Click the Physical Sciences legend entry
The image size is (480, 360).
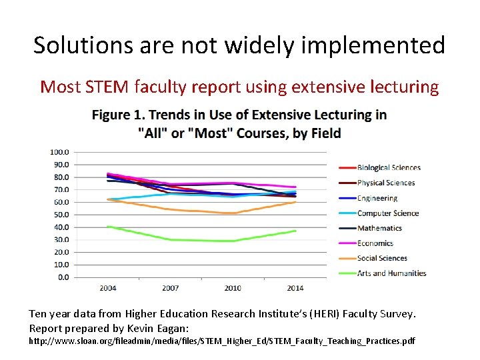(x=385, y=183)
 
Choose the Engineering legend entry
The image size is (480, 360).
(x=377, y=198)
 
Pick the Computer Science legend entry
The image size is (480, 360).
(x=387, y=213)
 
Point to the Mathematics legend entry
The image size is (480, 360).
(x=379, y=228)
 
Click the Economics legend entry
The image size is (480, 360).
(x=375, y=243)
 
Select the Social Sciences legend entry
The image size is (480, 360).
(x=381, y=258)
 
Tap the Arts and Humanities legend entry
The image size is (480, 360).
(x=391, y=273)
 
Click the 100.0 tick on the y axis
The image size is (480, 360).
(x=59, y=152)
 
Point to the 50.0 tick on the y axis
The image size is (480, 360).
(x=61, y=215)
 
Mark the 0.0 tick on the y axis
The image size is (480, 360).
(x=63, y=277)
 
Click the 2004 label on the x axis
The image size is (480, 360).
(x=107, y=288)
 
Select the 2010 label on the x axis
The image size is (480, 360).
(x=232, y=288)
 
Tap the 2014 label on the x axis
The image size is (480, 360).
(x=295, y=288)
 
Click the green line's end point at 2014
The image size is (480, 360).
(x=295, y=231)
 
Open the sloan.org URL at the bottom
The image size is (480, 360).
(x=222, y=341)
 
